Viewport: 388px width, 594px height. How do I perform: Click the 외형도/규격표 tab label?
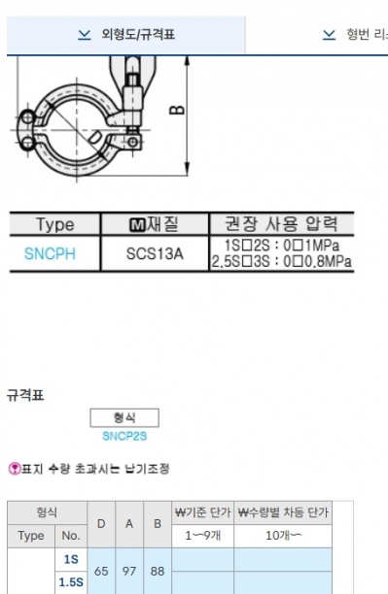click(x=138, y=35)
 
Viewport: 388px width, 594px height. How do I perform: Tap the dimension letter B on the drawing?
click(x=177, y=110)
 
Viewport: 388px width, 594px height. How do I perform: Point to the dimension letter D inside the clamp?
click(x=95, y=137)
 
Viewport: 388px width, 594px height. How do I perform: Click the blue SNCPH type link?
click(x=50, y=253)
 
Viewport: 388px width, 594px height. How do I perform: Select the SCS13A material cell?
click(x=155, y=253)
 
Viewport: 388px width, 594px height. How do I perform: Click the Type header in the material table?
click(x=55, y=224)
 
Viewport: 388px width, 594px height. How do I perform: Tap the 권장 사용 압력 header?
click(x=281, y=223)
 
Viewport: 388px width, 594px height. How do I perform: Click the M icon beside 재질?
click(x=137, y=224)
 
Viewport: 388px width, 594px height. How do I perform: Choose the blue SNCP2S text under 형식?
click(x=124, y=436)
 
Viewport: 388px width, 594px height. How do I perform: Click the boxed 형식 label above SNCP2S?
click(x=124, y=418)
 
